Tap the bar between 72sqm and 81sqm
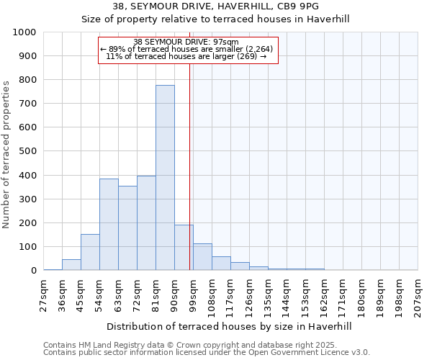pyautogui.click(x=146, y=223)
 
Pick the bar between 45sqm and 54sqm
pyautogui.click(x=90, y=252)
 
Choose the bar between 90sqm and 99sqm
pyautogui.click(x=184, y=248)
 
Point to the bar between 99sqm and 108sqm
pyautogui.click(x=202, y=257)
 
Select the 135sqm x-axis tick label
pyautogui.click(x=269, y=295)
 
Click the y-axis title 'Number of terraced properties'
pyautogui.click(x=6, y=154)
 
